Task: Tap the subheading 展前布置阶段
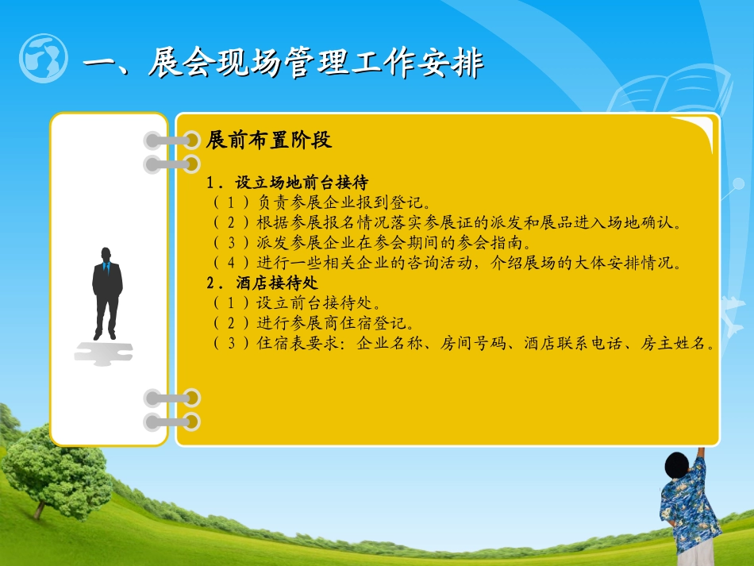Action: (x=268, y=141)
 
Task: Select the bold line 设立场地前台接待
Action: (x=302, y=183)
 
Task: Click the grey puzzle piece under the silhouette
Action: (x=103, y=352)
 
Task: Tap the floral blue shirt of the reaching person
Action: (x=689, y=508)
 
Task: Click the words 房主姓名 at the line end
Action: (x=682, y=343)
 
